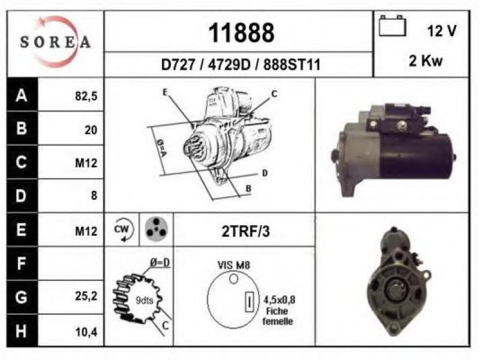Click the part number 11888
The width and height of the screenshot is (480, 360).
coord(241,33)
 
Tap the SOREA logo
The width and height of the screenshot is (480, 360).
coord(55,41)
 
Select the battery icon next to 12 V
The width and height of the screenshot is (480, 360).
coord(392,26)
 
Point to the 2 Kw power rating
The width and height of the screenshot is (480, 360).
coord(425,61)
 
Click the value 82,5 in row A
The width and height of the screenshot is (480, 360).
coord(86,96)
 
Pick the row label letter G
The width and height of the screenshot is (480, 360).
coord(21,297)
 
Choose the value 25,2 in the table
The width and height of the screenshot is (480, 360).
coord(86,296)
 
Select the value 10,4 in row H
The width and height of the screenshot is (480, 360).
coord(86,332)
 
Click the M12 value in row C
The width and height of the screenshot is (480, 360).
coord(86,163)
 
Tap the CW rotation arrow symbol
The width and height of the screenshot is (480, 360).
coord(124,230)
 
